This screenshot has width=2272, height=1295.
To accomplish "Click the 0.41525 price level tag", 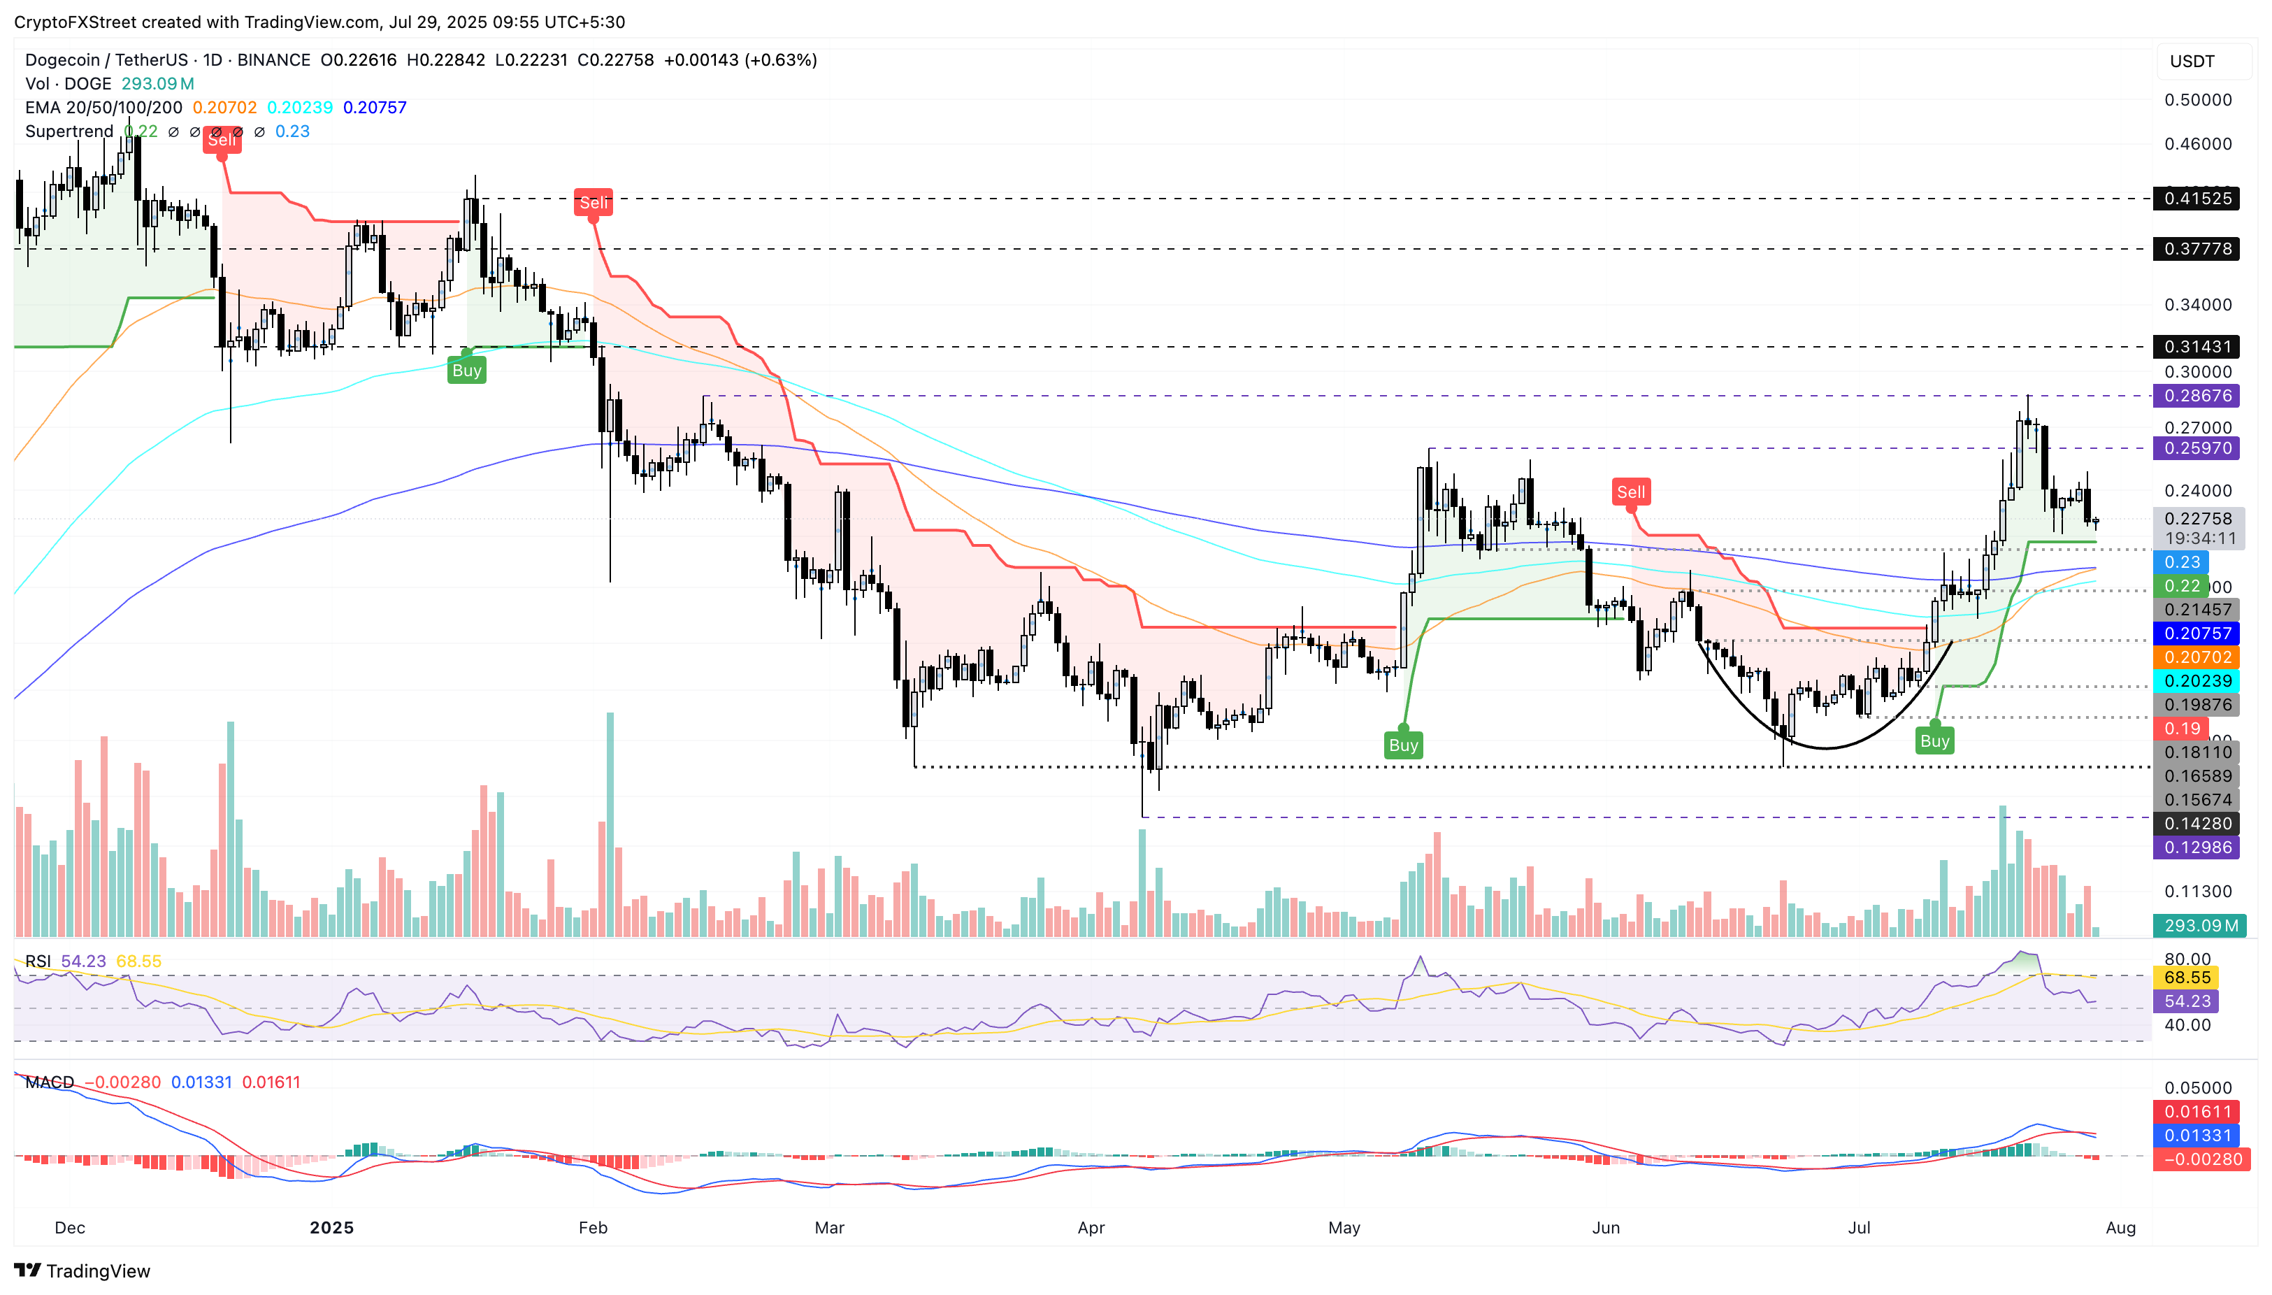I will pyautogui.click(x=2196, y=199).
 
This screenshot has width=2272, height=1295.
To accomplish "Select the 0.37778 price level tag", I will pyautogui.click(x=2196, y=249).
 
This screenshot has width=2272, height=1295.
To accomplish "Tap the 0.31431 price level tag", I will pyautogui.click(x=2196, y=347).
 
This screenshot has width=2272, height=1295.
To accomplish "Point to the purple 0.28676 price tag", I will pyautogui.click(x=2196, y=396).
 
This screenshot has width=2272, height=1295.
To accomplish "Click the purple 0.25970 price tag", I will pyautogui.click(x=2196, y=448).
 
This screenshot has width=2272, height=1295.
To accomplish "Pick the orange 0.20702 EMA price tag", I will pyautogui.click(x=2196, y=657).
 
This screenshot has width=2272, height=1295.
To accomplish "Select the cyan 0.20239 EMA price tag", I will pyautogui.click(x=2196, y=681).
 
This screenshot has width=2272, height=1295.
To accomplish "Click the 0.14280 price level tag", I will pyautogui.click(x=2196, y=824).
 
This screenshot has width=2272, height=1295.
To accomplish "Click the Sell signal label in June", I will pyautogui.click(x=1630, y=492).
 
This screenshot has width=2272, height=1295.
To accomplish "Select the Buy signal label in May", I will pyautogui.click(x=1403, y=745).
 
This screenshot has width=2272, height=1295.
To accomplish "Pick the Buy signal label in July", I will pyautogui.click(x=1934, y=741).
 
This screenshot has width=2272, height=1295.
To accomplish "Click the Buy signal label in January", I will pyautogui.click(x=467, y=371).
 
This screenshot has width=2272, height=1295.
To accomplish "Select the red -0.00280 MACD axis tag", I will pyautogui.click(x=2201, y=1159).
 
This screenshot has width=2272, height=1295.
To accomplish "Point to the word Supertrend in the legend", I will pyautogui.click(x=69, y=131).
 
